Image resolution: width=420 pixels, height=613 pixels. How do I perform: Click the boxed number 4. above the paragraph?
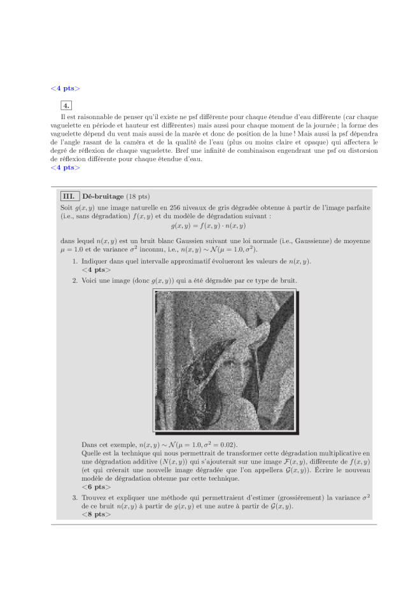pos(66,105)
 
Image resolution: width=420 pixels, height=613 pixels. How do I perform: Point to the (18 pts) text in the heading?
pos(138,195)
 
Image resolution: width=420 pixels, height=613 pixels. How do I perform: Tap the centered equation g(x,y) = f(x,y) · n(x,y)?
pos(209,225)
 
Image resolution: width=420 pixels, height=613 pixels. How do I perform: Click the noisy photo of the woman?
pos(225,360)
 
